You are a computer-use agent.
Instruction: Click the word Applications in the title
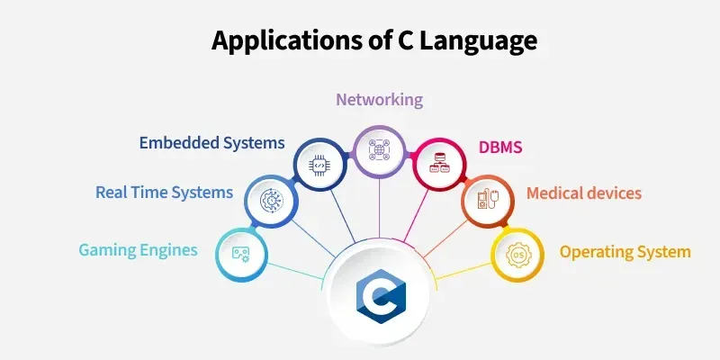[286, 40]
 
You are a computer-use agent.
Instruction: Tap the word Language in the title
[479, 40]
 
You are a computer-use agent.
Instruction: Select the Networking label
[379, 100]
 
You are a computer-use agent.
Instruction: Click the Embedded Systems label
[212, 143]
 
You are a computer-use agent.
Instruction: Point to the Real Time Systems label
[165, 192]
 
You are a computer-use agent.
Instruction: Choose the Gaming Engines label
[139, 250]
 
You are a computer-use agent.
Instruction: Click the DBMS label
[500, 148]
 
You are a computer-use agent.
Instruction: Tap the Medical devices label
[584, 193]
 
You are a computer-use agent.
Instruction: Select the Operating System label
[625, 252]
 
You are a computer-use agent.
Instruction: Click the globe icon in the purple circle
[379, 150]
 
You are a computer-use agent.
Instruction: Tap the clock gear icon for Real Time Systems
[272, 201]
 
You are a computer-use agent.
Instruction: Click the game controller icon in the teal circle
[241, 255]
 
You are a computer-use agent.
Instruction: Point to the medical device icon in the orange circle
[488, 200]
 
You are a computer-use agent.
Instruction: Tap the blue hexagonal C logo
[381, 296]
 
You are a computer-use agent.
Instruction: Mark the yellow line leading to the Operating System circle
[463, 271]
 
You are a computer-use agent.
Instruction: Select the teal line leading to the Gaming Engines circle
[296, 271]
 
